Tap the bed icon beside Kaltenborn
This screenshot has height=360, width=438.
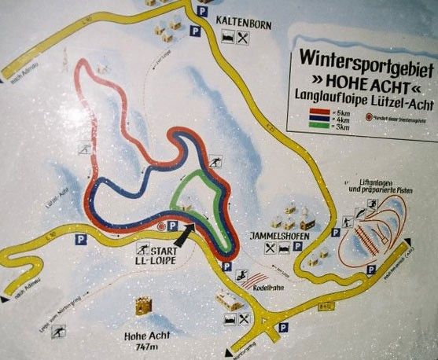[x=226, y=38]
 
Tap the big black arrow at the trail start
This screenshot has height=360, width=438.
[x=180, y=232]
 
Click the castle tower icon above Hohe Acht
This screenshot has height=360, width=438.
[x=143, y=306]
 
